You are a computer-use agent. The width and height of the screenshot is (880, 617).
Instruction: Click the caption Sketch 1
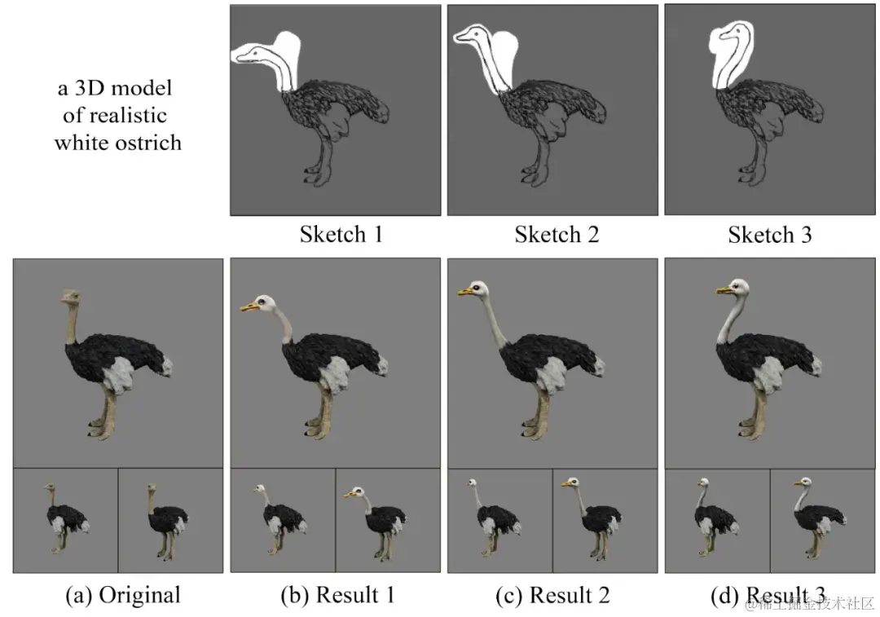point(341,236)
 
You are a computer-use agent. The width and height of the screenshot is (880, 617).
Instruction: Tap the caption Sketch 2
point(557,236)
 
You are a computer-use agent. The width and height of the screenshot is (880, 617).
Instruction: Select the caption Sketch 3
point(769,236)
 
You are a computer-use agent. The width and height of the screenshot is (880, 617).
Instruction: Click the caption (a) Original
point(122,595)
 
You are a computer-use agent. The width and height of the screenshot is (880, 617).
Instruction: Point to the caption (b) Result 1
point(337,595)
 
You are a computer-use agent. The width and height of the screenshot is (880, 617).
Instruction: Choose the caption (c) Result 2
point(552,595)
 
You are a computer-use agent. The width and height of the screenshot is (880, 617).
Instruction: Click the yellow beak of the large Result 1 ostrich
point(248,307)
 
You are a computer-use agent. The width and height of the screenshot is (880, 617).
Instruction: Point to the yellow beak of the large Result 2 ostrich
point(465,291)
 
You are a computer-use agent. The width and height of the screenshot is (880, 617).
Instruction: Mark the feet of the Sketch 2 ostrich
point(530,174)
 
